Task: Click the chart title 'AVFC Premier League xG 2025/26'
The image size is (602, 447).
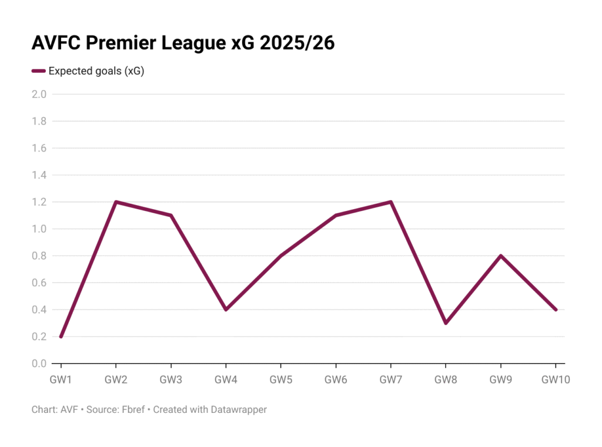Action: (183, 43)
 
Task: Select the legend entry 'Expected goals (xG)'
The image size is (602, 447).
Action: (96, 71)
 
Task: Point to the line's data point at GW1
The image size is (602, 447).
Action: (61, 337)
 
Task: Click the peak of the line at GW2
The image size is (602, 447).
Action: (116, 202)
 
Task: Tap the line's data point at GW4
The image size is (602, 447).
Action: (226, 310)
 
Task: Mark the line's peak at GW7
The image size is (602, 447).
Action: (391, 202)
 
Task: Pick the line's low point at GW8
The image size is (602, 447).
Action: (446, 323)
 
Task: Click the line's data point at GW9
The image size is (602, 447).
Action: (501, 256)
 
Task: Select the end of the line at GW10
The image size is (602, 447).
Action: (556, 310)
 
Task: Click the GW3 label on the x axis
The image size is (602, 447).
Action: (170, 380)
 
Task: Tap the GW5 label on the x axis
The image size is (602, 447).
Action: (281, 380)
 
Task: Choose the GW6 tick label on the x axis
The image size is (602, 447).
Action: (336, 380)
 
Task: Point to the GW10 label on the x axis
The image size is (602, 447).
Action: (556, 380)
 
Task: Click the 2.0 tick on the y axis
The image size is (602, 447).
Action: (39, 94)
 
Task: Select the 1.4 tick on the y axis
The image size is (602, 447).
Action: (39, 175)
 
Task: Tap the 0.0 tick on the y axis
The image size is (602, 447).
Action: (39, 364)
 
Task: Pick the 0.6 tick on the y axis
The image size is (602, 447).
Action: (39, 283)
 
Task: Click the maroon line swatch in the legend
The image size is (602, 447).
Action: (38, 71)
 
